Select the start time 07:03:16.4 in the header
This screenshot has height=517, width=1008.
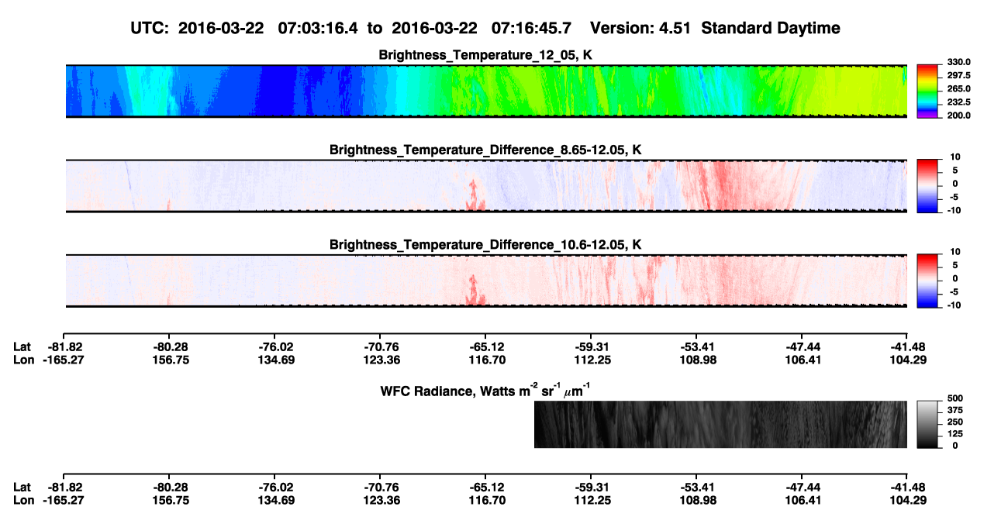(x=318, y=28)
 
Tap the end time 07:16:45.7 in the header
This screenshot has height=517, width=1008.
(x=531, y=28)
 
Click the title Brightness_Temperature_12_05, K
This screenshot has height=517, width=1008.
(x=485, y=55)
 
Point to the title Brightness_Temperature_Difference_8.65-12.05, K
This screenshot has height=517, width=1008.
(x=485, y=150)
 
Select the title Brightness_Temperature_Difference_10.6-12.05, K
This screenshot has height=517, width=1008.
(x=485, y=245)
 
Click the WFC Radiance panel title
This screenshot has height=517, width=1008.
(x=485, y=390)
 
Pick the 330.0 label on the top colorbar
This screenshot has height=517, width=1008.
(x=958, y=62)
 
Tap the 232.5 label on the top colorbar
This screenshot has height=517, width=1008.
(x=958, y=102)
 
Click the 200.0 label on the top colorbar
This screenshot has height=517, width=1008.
(x=958, y=115)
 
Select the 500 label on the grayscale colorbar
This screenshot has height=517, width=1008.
(x=955, y=398)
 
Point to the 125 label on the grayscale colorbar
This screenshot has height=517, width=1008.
(x=955, y=434)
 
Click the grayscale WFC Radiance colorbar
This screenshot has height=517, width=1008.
(x=927, y=424)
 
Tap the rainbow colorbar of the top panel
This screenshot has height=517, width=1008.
(x=927, y=91)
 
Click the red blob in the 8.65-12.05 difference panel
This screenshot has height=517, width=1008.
(x=475, y=196)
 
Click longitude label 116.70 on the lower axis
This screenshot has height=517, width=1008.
(x=487, y=501)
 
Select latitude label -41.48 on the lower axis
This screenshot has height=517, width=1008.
(x=908, y=488)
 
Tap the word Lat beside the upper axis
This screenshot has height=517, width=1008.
(x=22, y=347)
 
